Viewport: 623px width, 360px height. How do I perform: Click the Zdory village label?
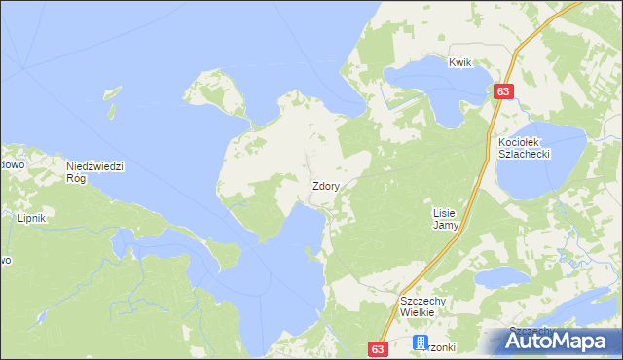coord(325,185)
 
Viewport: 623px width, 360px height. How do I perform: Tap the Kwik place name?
coord(460,63)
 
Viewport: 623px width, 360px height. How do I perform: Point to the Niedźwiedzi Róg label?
coord(94,171)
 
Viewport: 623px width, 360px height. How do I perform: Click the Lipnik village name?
coord(32,219)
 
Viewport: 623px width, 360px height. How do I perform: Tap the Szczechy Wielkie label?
coord(422,307)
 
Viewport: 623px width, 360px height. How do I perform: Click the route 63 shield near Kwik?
coord(502,90)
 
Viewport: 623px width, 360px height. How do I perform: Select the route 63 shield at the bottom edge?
coord(380,348)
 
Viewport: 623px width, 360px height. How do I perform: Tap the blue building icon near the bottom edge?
coord(421,342)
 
